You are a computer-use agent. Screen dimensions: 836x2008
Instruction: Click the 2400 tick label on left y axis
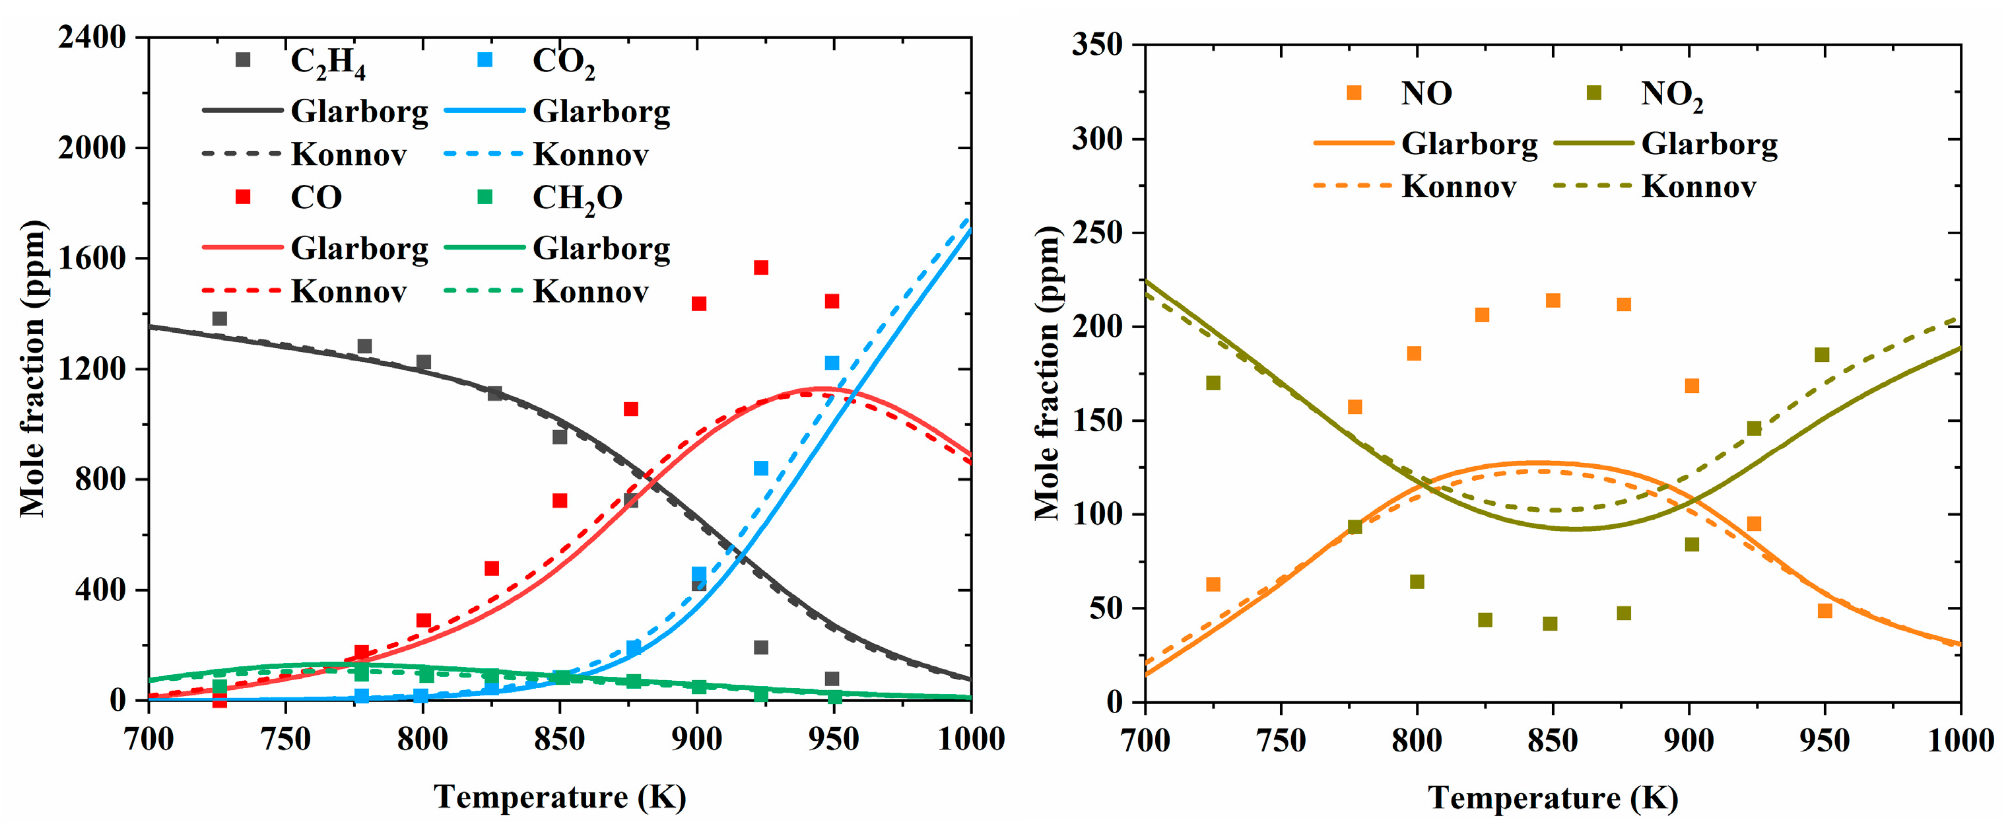tap(91, 37)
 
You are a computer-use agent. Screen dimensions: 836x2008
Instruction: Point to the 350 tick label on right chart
tap(1097, 44)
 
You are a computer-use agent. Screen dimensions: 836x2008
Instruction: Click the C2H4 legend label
tap(327, 61)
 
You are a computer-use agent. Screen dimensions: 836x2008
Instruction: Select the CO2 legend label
tap(563, 61)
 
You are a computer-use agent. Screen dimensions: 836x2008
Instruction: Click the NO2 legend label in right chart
tap(1671, 94)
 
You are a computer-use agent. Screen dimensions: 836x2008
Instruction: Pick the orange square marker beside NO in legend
tap(1355, 93)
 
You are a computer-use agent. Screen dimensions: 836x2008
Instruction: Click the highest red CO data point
tap(761, 267)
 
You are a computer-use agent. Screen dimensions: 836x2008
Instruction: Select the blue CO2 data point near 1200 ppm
tap(832, 363)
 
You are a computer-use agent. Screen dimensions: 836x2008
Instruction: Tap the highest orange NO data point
tap(1553, 300)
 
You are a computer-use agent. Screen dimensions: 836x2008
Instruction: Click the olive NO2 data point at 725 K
tap(1213, 383)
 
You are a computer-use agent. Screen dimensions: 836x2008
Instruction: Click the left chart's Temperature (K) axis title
tap(560, 797)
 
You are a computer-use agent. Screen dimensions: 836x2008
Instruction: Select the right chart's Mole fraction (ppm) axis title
tap(1047, 373)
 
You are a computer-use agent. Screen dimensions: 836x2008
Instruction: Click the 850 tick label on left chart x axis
tap(559, 738)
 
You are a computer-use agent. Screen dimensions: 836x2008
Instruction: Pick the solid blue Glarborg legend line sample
tap(484, 111)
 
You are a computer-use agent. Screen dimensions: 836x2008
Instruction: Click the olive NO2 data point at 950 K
tap(1822, 355)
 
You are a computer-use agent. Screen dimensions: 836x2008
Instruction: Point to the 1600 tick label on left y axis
tap(91, 258)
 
